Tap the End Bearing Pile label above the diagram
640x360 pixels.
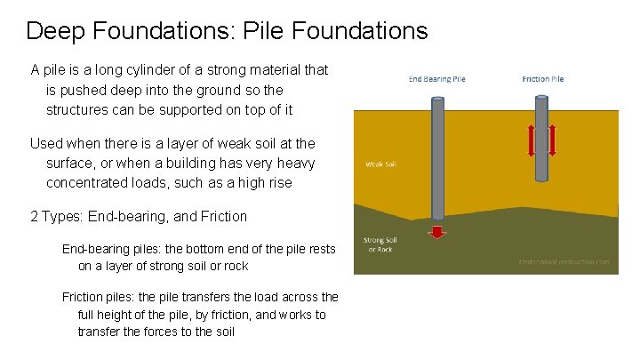(436, 79)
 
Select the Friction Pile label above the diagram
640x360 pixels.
(542, 79)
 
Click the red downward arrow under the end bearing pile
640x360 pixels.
(436, 232)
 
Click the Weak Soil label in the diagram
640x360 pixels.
(380, 164)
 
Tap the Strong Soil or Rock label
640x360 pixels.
(380, 244)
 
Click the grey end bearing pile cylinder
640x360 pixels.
(436, 160)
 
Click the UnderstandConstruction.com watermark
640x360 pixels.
(564, 262)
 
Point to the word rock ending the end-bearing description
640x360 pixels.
(234, 266)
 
